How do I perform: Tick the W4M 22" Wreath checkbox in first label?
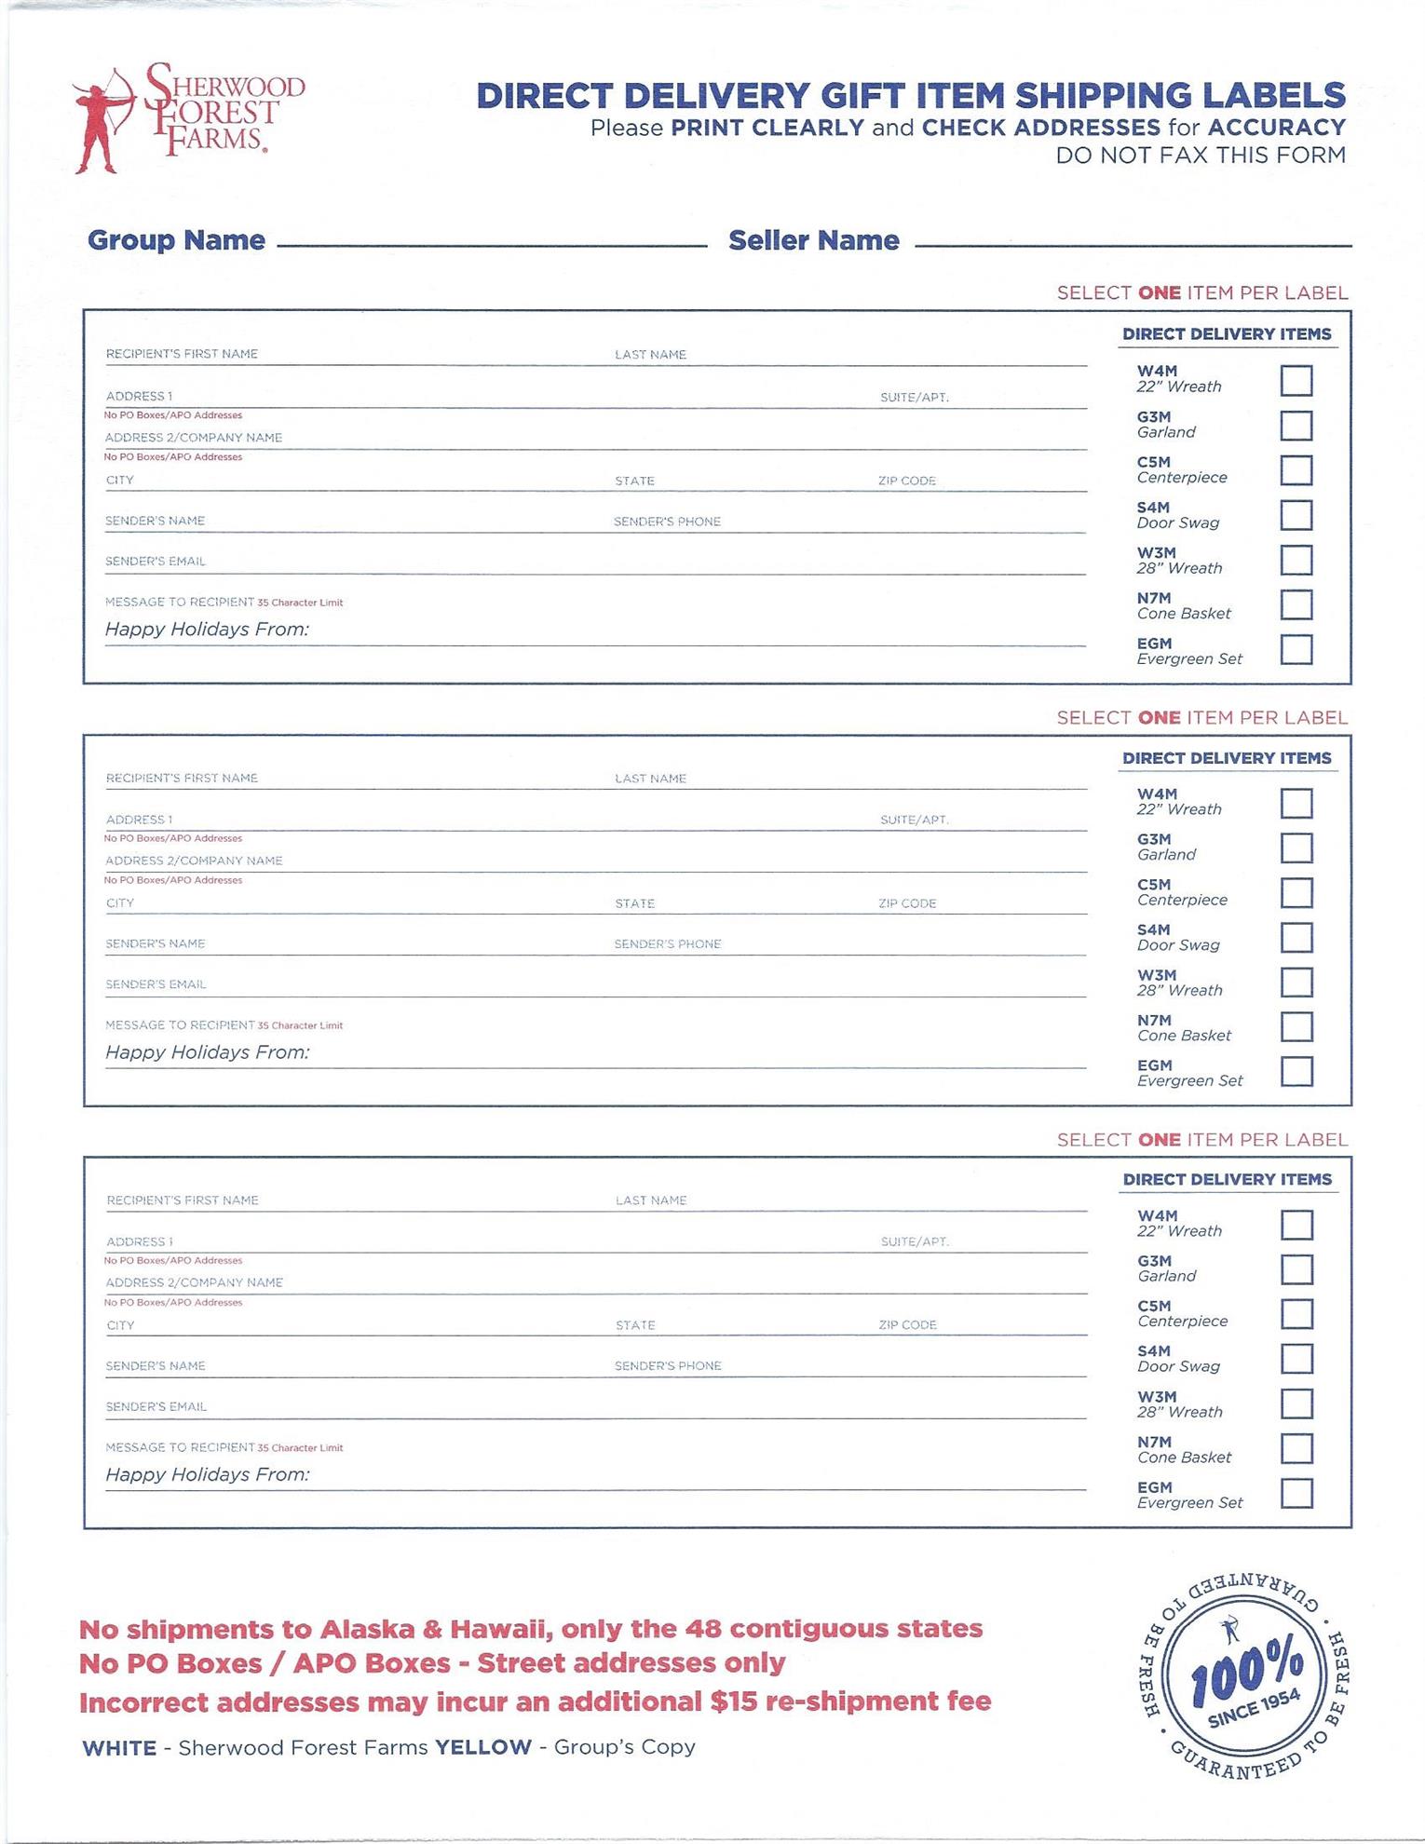[1296, 381]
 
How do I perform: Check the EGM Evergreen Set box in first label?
[1296, 650]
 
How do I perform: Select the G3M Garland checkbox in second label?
[1296, 848]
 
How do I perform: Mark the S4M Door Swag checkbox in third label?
[1296, 1359]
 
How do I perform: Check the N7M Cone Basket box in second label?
[1296, 1027]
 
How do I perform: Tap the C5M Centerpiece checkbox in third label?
[1296, 1314]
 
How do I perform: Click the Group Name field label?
[176, 240]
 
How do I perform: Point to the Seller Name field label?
[813, 240]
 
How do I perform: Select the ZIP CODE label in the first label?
[906, 481]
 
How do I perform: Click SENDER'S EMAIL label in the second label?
[156, 984]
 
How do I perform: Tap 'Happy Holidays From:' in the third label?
[207, 1474]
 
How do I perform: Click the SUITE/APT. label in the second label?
[914, 820]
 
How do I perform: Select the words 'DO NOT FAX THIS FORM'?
[1200, 156]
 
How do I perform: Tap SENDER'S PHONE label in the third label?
[668, 1366]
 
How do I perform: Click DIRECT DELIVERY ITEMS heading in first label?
[1226, 333]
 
